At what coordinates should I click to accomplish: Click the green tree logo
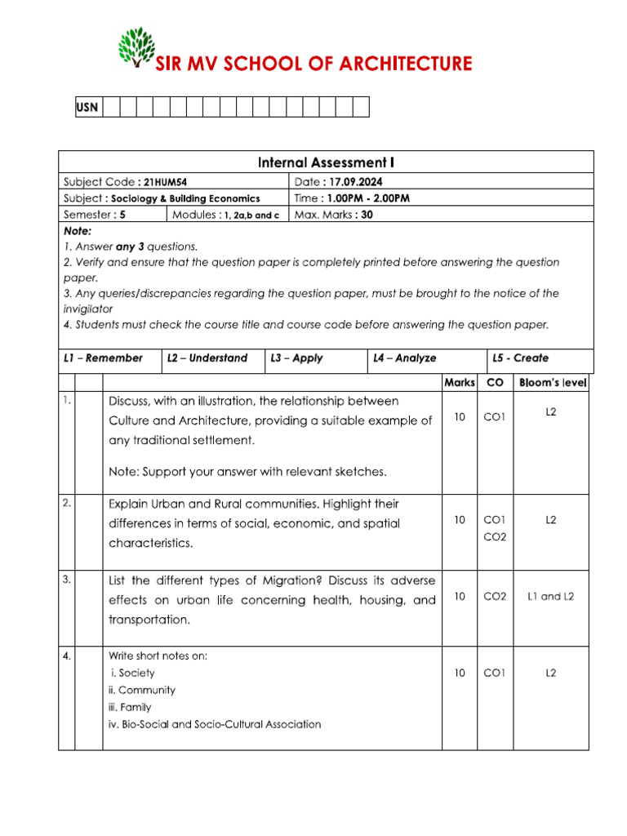click(136, 50)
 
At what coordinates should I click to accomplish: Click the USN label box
click(87, 107)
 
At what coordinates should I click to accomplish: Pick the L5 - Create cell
click(521, 358)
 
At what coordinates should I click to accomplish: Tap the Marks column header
click(460, 382)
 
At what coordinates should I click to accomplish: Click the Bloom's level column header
click(553, 382)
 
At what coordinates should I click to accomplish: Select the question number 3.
click(66, 579)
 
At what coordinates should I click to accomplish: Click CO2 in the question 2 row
click(495, 536)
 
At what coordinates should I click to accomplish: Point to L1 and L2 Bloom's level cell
click(551, 596)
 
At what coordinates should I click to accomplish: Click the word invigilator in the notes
click(88, 309)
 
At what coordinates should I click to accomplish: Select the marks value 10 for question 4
click(460, 673)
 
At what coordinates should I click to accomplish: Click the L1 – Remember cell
click(103, 358)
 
